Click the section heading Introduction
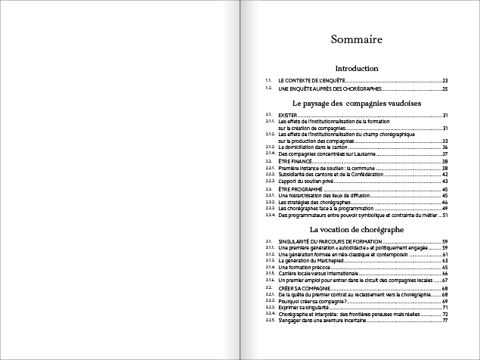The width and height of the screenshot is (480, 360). coord(356,69)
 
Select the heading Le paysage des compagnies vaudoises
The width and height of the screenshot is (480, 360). coord(356,103)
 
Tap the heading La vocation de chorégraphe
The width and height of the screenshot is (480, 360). coord(356,228)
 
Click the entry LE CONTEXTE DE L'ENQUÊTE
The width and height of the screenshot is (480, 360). coord(311,80)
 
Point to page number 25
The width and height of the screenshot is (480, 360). coord(446,89)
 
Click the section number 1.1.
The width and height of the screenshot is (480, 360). coord(268,80)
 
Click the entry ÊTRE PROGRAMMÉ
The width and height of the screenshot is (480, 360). coord(298,188)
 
